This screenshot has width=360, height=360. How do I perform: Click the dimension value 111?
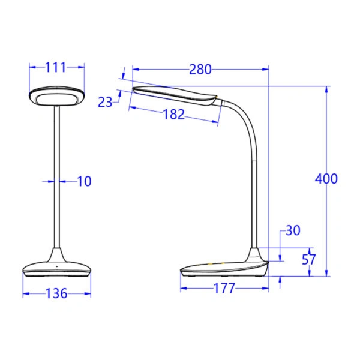pyautogui.click(x=56, y=67)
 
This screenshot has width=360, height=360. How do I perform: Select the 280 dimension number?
pyautogui.click(x=200, y=70)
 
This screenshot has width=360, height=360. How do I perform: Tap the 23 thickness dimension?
pyautogui.click(x=106, y=102)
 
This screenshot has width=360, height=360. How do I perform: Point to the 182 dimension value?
pyautogui.click(x=174, y=115)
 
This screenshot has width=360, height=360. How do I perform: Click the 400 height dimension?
pyautogui.click(x=326, y=178)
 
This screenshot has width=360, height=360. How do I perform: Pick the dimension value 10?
pyautogui.click(x=85, y=181)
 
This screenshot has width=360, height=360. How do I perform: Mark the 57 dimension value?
pyautogui.click(x=309, y=260)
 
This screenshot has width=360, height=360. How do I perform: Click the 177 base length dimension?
pyautogui.click(x=224, y=289)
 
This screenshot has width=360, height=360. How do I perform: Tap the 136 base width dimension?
pyautogui.click(x=56, y=294)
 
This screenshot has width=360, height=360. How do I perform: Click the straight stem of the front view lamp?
pyautogui.click(x=57, y=180)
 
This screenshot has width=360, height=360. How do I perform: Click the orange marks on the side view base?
pyautogui.click(x=215, y=263)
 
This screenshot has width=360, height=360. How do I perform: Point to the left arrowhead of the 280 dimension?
pyautogui.click(x=134, y=70)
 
